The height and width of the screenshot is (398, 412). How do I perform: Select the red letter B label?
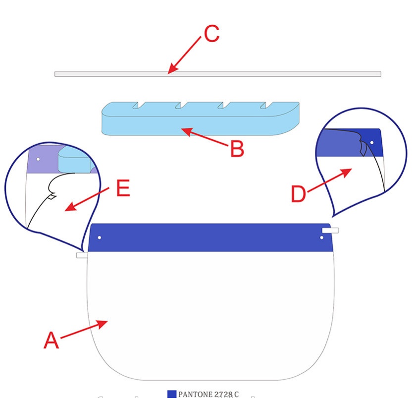[x=237, y=149]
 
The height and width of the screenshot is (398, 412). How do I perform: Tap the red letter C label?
[x=211, y=34]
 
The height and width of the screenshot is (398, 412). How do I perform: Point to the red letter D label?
[x=298, y=194]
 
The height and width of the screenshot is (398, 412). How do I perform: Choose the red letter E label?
[x=123, y=188]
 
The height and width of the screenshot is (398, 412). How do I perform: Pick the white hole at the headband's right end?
[x=322, y=238]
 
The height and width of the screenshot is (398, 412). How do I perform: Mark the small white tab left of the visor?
[x=82, y=255]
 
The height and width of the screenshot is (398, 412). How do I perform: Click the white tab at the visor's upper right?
[x=330, y=230]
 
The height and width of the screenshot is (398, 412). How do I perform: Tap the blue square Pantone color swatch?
[x=172, y=394]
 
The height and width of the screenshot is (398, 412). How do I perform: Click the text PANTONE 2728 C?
[x=208, y=394]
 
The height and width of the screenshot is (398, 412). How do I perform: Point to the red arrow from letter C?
[x=186, y=55]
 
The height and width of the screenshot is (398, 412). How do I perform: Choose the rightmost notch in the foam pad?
[x=268, y=105]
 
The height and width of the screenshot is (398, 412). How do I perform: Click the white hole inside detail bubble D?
[x=372, y=144]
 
